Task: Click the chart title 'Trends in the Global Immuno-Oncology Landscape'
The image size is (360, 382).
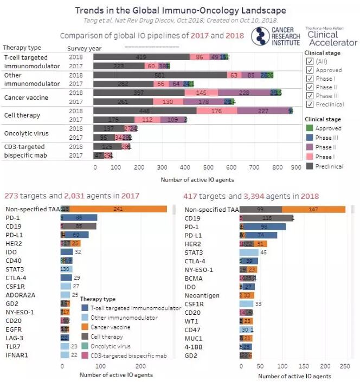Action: pyautogui.click(x=180, y=10)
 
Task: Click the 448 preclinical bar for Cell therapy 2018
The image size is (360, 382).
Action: pyautogui.click(x=145, y=111)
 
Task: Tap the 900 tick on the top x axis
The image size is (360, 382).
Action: pyautogui.click(x=296, y=167)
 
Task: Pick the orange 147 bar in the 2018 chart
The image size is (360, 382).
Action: pyautogui.click(x=313, y=209)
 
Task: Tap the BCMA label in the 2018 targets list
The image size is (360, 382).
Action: pyautogui.click(x=193, y=278)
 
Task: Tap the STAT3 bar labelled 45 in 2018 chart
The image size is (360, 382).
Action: pyautogui.click(x=249, y=252)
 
